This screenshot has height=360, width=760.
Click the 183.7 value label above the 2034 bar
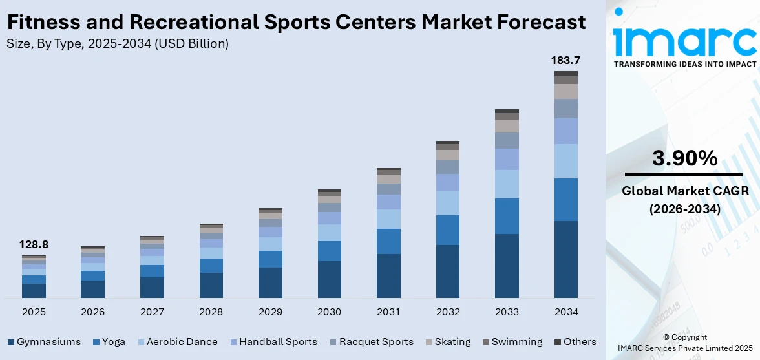click(565, 60)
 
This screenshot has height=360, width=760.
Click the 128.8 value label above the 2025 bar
click(34, 245)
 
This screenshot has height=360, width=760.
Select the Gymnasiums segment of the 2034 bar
click(565, 259)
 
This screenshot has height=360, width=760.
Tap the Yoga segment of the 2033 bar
click(507, 216)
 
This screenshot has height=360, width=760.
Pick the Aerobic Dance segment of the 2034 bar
click(565, 161)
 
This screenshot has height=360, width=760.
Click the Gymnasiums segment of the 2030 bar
click(329, 279)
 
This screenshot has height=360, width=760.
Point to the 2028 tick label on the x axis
click(211, 312)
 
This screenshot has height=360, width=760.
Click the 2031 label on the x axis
click(388, 312)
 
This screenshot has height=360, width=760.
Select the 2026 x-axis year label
click(92, 312)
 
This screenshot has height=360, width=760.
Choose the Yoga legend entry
click(109, 342)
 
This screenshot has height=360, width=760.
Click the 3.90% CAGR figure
click(684, 158)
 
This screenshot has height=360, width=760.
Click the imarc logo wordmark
click(684, 40)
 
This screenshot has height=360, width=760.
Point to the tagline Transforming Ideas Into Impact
click(684, 64)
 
